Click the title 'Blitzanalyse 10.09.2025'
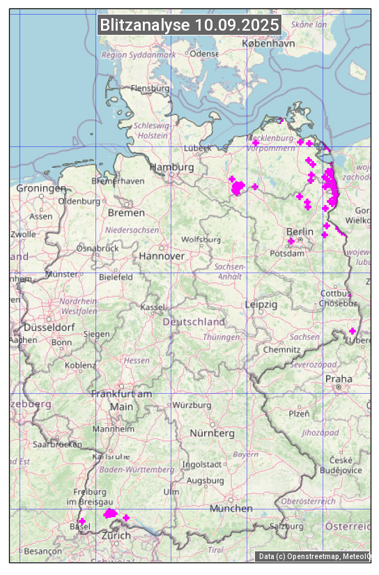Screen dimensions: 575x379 point(189,25)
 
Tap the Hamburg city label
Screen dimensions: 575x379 point(171,167)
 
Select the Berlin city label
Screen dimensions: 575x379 point(300,231)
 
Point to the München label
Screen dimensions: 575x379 point(231,509)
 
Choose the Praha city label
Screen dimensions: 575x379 point(338,378)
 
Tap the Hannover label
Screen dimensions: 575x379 point(162,256)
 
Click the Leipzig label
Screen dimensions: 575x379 point(261,305)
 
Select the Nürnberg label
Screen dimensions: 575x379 point(212,433)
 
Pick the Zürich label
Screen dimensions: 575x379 point(116,535)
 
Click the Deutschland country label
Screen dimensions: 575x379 point(194,322)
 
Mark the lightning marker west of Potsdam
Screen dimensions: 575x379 point(291,241)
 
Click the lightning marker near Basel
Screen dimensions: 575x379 point(82,521)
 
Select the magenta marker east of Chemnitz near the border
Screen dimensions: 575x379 point(353,330)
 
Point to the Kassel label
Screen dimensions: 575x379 point(152,307)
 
